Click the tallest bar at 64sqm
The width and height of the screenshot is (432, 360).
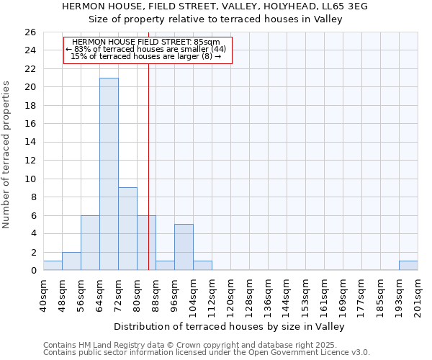109,174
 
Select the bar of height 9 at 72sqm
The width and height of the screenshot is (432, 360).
127,229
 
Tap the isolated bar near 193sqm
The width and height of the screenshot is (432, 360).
408,266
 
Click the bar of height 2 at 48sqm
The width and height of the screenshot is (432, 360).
71,261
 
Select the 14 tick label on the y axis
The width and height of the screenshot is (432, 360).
30,143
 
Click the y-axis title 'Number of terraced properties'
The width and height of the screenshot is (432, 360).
7,155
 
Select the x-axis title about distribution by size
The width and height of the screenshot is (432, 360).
230,326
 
